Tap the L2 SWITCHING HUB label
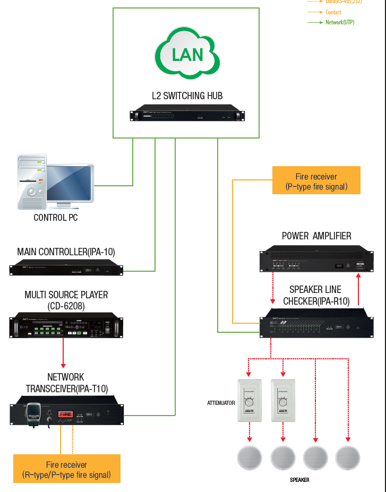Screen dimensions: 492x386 (x=187, y=96)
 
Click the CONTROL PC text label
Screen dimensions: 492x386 (x=56, y=218)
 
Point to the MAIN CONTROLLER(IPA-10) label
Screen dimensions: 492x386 (x=66, y=252)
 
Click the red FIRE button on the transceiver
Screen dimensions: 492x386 (x=65, y=413)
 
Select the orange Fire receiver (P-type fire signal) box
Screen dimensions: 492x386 (x=316, y=180)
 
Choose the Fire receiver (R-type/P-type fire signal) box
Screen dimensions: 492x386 (x=66, y=469)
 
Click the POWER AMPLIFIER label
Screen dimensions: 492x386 (x=316, y=236)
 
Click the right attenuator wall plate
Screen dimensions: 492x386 (x=283, y=400)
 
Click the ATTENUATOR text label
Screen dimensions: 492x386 (x=221, y=403)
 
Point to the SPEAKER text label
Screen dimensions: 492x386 (x=299, y=480)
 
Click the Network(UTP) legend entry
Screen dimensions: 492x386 (x=340, y=22)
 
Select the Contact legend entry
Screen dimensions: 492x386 (x=333, y=12)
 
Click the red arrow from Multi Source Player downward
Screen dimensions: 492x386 (x=63, y=352)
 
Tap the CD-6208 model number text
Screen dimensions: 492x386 (x=66, y=306)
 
